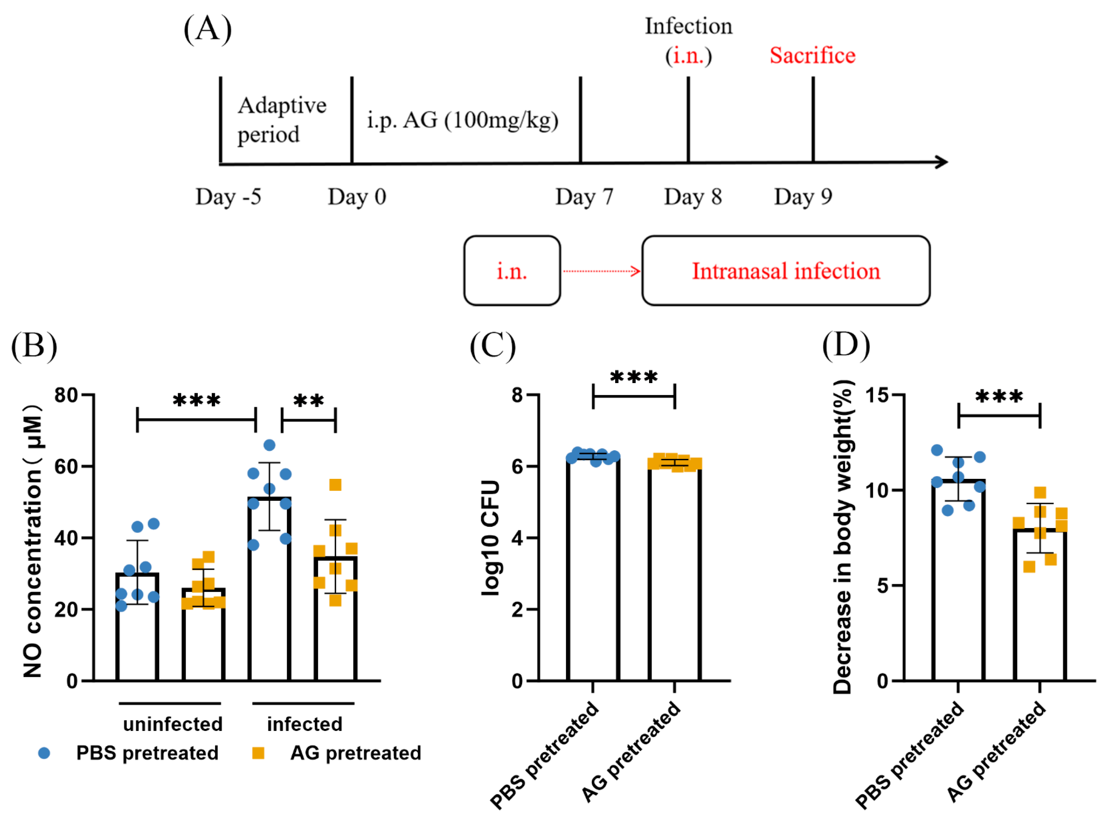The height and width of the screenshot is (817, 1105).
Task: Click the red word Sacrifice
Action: coord(812,56)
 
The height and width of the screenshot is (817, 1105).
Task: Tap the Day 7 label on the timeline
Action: coord(584,197)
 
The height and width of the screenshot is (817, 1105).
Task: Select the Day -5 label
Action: coord(228,197)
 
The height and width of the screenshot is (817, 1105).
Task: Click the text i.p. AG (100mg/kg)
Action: coord(462,120)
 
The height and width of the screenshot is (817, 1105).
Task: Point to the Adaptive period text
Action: coord(281,119)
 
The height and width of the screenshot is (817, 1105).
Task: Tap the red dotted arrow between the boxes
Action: coord(601,271)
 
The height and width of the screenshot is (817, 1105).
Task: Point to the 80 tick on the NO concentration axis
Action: coord(66,395)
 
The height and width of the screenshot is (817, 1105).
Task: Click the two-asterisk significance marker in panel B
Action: coord(308,401)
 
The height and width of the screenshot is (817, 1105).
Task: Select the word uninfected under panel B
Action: coord(172,724)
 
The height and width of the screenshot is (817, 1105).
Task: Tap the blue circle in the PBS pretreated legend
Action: coord(44,753)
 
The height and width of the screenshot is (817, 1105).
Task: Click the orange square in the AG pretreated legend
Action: coord(258,753)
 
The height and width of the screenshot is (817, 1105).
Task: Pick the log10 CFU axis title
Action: coord(491,538)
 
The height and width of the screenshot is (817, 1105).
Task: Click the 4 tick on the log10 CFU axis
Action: coord(518,538)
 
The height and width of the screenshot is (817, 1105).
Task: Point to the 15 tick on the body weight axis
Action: coord(877,395)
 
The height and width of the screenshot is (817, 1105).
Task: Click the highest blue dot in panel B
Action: coord(269,445)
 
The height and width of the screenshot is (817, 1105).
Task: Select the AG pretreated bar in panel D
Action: coord(1040,606)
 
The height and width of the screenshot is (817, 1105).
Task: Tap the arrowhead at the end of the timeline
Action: coord(941,162)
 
